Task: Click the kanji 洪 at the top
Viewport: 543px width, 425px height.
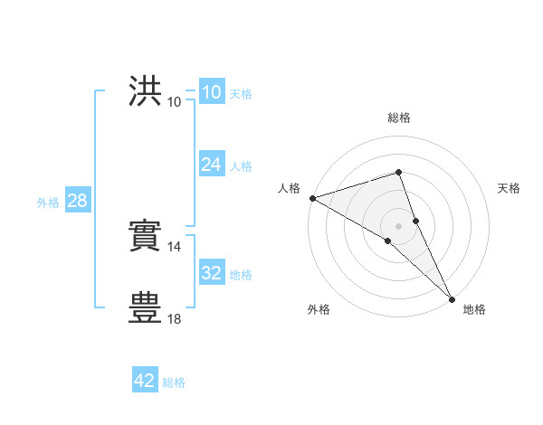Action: point(146,91)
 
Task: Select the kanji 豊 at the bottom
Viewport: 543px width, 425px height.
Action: point(146,308)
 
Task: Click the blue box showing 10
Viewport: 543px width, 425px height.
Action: point(211,92)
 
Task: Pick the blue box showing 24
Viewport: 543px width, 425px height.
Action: point(211,165)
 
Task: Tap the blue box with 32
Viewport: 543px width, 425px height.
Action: point(211,273)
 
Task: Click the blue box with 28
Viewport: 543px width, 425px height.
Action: point(77,201)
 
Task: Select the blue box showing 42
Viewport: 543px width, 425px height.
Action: point(145,381)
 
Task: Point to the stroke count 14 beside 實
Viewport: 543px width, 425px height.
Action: point(175,246)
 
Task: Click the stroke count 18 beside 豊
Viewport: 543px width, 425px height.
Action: point(175,318)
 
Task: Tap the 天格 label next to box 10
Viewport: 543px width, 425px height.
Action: point(241,94)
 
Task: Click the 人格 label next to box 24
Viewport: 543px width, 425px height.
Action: point(241,166)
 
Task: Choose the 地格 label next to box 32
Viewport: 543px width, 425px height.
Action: point(241,275)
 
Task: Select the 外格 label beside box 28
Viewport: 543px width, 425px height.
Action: point(48,203)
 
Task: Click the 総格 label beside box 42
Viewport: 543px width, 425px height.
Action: point(174,382)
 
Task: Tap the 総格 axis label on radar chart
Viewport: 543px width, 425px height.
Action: point(399,118)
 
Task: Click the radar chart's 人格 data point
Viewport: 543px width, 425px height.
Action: point(312,198)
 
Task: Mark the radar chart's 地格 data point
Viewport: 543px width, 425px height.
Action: point(452,298)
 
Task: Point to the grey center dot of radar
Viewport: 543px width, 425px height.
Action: point(399,225)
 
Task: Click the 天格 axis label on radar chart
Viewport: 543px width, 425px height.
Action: point(509,188)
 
